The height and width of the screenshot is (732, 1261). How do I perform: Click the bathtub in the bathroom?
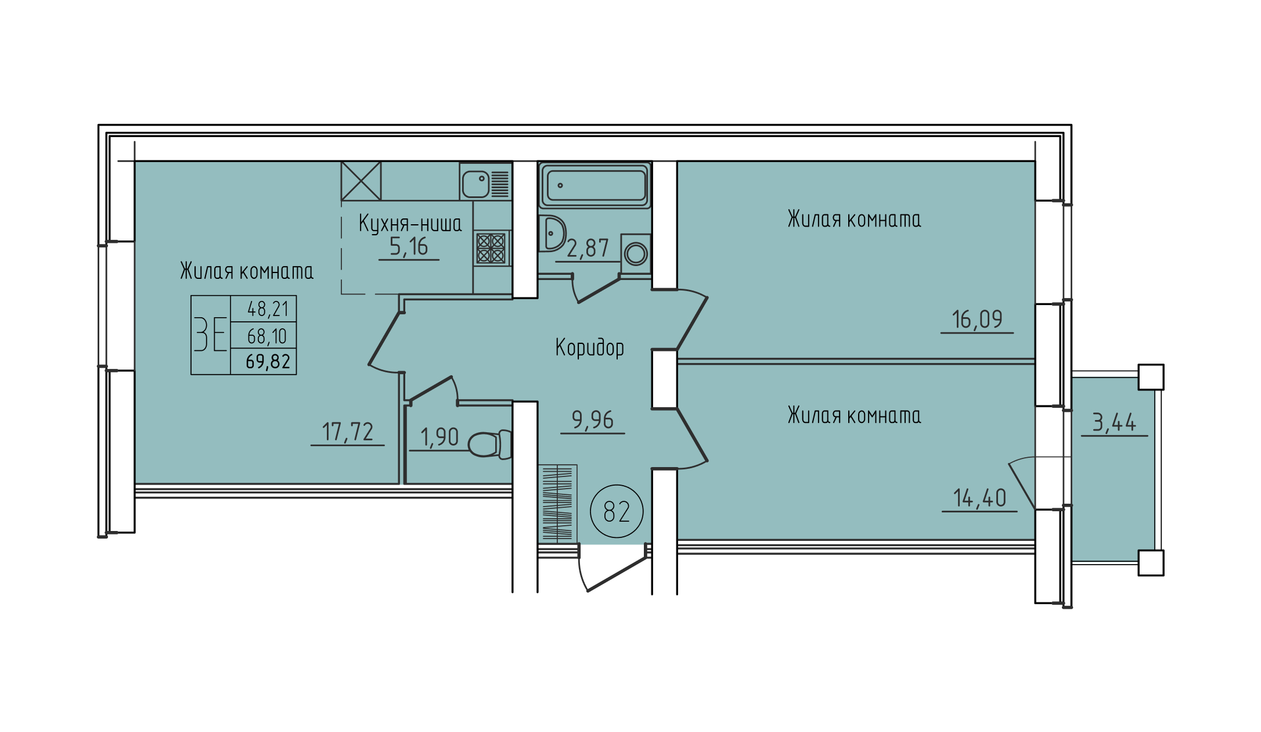pyautogui.click(x=595, y=185)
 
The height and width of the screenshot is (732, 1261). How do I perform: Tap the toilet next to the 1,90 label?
pyautogui.click(x=489, y=444)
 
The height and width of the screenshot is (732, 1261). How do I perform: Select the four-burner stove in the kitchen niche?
pyautogui.click(x=491, y=248)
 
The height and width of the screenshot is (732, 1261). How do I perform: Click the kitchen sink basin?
pyautogui.click(x=475, y=184)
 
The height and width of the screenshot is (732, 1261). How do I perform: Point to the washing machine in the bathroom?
pyautogui.click(x=636, y=253)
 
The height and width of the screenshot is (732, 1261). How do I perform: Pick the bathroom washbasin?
pyautogui.click(x=552, y=234)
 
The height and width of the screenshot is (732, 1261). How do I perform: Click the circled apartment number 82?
pyautogui.click(x=617, y=511)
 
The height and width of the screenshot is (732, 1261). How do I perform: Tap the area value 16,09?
pyautogui.click(x=977, y=320)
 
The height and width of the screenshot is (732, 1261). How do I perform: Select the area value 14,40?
pyautogui.click(x=979, y=498)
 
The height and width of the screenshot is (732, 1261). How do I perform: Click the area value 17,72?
pyautogui.click(x=348, y=432)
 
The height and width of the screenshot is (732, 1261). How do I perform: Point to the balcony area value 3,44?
pyautogui.click(x=1114, y=422)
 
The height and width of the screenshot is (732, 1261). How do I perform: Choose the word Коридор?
pyautogui.click(x=590, y=347)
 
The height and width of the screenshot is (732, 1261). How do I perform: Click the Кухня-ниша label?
pyautogui.click(x=410, y=224)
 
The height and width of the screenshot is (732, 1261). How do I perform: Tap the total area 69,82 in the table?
pyautogui.click(x=268, y=361)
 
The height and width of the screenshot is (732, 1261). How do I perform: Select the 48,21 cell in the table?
pyautogui.click(x=268, y=309)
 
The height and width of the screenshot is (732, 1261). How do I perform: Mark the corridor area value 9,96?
pyautogui.click(x=592, y=420)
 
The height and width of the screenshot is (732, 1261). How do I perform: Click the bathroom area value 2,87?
pyautogui.click(x=588, y=249)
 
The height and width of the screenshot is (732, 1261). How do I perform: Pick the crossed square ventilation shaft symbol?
pyautogui.click(x=361, y=181)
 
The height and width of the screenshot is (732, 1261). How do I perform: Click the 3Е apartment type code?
pyautogui.click(x=210, y=335)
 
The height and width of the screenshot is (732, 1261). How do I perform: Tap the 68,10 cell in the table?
pyautogui.click(x=267, y=336)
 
